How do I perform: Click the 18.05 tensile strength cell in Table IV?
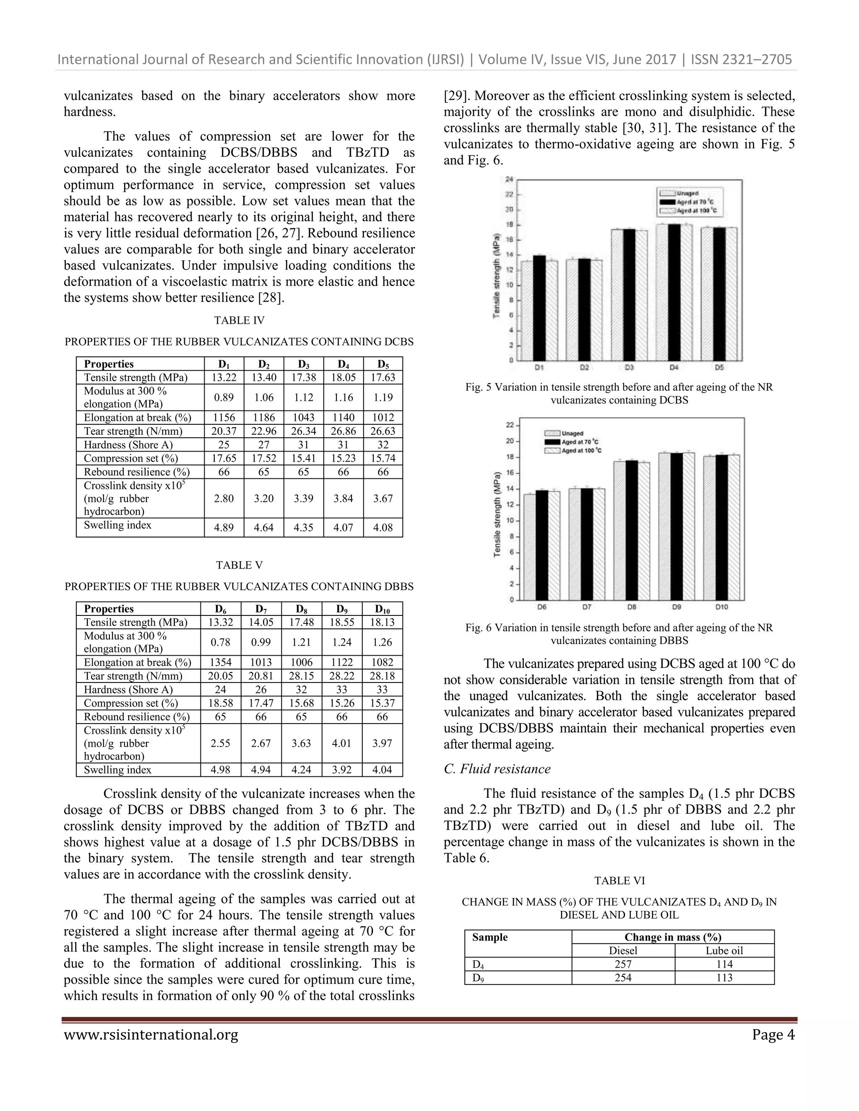[x=343, y=377]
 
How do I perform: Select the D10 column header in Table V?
[x=382, y=609]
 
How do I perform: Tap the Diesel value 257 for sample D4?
[x=623, y=964]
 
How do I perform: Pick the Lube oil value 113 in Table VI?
[x=724, y=978]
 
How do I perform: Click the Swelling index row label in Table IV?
[x=117, y=525]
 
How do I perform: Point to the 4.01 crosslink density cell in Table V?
[x=341, y=743]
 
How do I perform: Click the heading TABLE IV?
[x=239, y=320]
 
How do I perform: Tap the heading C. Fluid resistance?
[x=497, y=768]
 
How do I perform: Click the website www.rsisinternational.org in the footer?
[x=151, y=1035]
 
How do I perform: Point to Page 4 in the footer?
[x=773, y=1035]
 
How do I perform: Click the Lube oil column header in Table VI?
[x=724, y=950]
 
